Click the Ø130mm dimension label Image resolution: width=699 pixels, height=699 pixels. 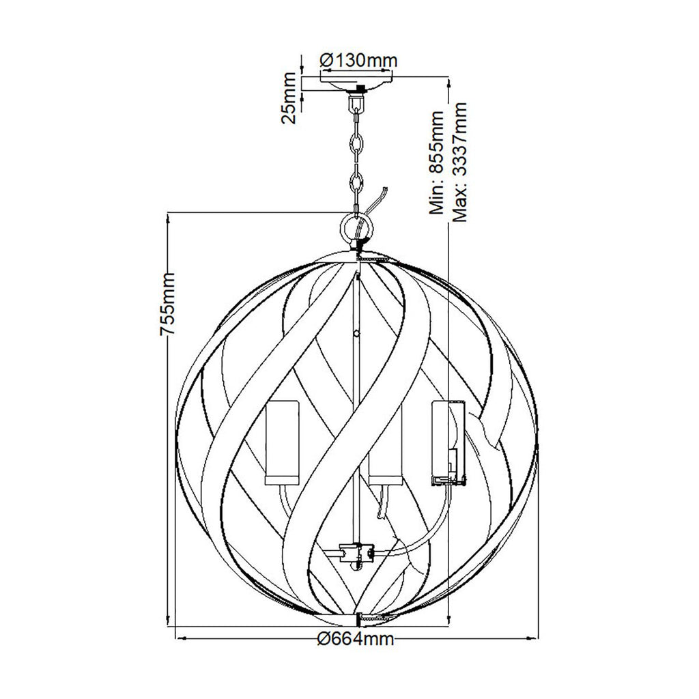point(358,60)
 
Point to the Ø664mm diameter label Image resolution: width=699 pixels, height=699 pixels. point(356,639)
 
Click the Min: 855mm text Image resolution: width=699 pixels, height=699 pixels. point(436,162)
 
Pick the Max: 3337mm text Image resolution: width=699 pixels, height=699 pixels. point(459,162)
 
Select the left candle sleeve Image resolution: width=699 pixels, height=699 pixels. point(282,442)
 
